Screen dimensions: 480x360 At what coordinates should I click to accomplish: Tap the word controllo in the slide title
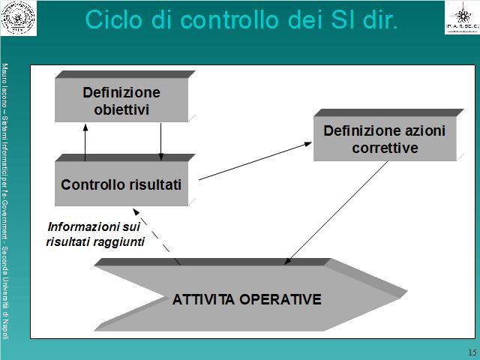click(229, 19)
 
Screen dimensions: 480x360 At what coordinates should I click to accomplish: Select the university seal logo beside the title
click(18, 18)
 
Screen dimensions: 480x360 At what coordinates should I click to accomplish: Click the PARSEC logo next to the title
click(462, 18)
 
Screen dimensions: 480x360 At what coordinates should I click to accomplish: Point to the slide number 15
click(472, 352)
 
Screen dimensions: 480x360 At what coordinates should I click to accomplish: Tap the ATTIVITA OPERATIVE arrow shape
click(250, 295)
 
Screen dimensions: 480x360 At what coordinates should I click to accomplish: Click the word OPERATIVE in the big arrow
click(280, 299)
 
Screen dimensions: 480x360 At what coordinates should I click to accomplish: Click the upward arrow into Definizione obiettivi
click(85, 142)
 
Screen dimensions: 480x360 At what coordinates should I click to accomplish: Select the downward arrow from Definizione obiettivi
click(160, 142)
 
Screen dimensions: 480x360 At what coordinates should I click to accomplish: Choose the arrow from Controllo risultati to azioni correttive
click(255, 161)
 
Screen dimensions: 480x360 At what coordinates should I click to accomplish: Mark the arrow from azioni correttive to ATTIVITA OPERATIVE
click(336, 213)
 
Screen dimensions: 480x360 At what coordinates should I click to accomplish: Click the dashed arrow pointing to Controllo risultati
click(156, 236)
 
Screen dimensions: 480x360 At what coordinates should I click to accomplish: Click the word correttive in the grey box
click(385, 148)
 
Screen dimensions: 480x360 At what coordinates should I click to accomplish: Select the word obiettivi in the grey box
click(121, 110)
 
